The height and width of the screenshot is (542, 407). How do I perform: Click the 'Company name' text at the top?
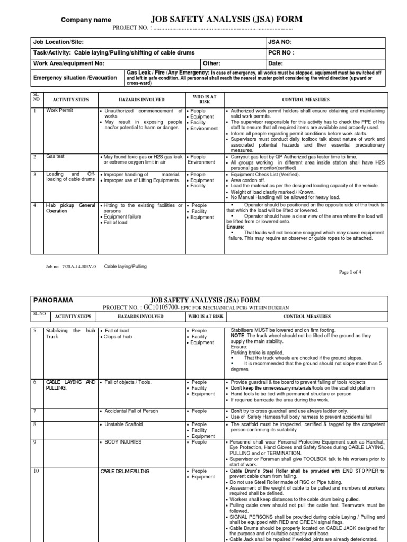tap(86, 20)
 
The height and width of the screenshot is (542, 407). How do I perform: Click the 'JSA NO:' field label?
tap(280, 42)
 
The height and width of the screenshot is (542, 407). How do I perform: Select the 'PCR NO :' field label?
tap(281, 52)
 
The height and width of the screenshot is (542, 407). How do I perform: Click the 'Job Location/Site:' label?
tap(58, 42)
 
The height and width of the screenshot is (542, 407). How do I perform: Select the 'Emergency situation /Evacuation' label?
tap(75, 78)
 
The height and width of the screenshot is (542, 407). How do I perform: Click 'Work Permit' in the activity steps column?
tap(60, 111)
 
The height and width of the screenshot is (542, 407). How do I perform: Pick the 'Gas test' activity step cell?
tap(55, 157)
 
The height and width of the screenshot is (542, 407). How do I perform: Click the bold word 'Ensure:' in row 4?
tap(235, 227)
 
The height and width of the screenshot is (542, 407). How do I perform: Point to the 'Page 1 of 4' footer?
tap(350, 272)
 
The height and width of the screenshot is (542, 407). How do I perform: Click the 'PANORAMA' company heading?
tap(54, 300)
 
